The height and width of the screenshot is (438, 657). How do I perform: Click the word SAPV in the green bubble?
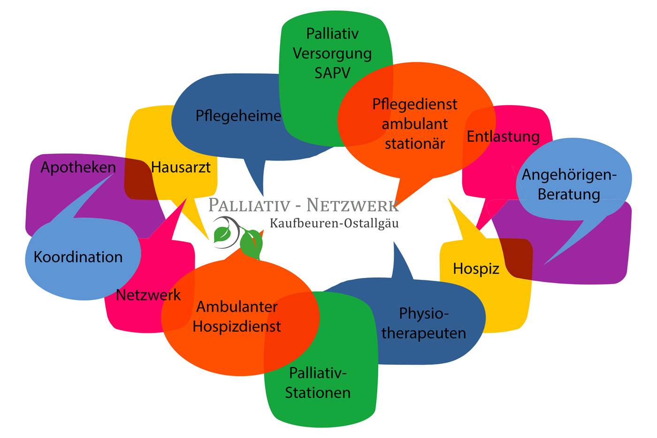click(x=332, y=73)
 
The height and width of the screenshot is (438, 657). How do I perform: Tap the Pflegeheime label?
click(x=238, y=115)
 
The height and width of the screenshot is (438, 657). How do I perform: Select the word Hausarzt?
click(x=181, y=167)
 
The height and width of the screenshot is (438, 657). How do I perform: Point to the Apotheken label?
click(x=78, y=167)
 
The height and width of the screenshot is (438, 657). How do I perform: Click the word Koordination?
click(x=78, y=257)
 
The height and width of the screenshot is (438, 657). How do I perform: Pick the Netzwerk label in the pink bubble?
click(x=148, y=295)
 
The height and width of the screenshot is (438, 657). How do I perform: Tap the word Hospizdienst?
click(x=237, y=326)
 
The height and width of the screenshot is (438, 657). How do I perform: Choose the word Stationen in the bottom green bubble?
click(x=318, y=392)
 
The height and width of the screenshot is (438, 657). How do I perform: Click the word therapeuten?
click(x=424, y=333)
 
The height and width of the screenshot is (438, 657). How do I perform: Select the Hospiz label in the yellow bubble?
click(x=476, y=269)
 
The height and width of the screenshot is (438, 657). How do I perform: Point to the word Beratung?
click(x=569, y=194)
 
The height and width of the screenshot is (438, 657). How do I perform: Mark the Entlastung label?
click(x=503, y=137)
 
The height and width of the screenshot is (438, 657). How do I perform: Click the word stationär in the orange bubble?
click(x=415, y=144)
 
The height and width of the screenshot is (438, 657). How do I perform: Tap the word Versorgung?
click(x=332, y=54)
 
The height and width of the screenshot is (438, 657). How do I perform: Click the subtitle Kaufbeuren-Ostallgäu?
click(x=334, y=223)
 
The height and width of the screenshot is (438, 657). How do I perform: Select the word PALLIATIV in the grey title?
click(x=249, y=205)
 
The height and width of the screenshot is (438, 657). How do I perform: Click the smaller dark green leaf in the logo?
click(x=222, y=234)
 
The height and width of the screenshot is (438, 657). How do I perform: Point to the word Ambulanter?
click(x=237, y=307)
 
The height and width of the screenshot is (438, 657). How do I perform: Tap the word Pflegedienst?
click(x=414, y=104)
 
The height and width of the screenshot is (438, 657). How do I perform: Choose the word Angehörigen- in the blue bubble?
click(x=569, y=175)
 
